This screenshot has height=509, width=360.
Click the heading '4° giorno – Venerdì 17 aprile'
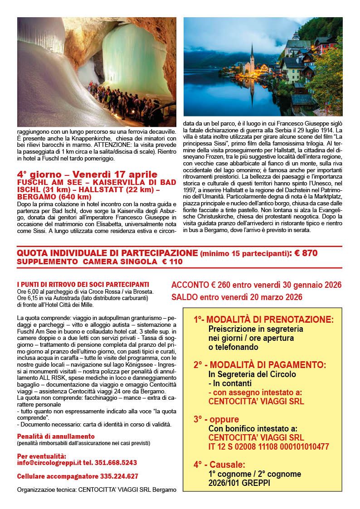[87, 175]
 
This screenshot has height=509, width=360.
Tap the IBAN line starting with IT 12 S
[268, 446]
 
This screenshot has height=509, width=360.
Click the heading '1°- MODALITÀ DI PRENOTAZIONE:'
[263, 320]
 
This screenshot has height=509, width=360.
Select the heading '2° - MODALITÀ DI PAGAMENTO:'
[259, 364]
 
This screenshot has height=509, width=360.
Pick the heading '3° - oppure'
[216, 419]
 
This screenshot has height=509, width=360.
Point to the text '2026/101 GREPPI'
[239, 483]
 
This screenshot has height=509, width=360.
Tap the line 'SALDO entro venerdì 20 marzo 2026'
[236, 297]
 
